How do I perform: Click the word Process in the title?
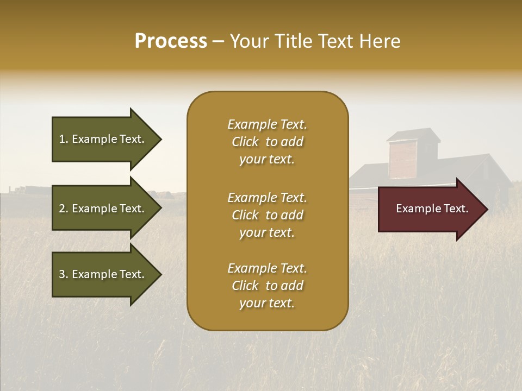(x=171, y=41)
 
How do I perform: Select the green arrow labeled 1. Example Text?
(x=103, y=139)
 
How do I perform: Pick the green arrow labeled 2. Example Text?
(x=103, y=209)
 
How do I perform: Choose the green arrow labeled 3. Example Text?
(x=103, y=274)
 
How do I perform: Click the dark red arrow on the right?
(x=430, y=209)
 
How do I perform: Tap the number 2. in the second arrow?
(x=64, y=209)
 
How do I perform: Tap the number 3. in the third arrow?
(x=64, y=274)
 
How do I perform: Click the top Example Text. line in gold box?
(x=267, y=124)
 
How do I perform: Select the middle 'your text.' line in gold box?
(x=267, y=232)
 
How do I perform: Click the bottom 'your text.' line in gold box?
(x=267, y=303)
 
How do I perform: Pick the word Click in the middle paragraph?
(x=245, y=215)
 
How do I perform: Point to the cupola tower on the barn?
(x=413, y=155)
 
